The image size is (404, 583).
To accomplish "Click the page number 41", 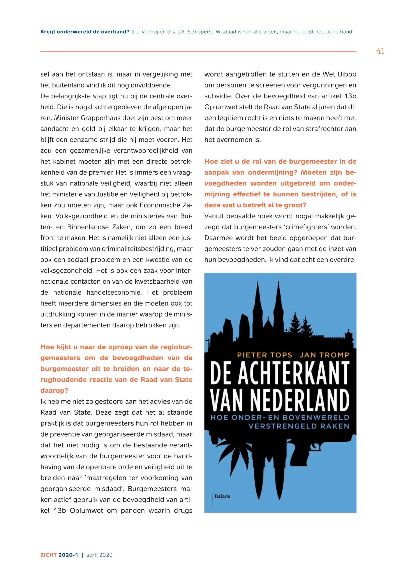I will (380, 52).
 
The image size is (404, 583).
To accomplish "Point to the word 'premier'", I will (103, 172).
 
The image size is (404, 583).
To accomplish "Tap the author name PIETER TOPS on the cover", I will (264, 355).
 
